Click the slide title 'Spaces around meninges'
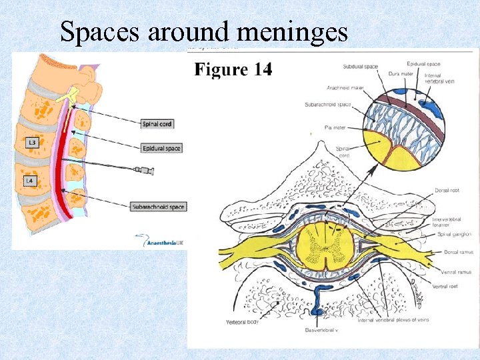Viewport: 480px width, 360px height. click(x=204, y=31)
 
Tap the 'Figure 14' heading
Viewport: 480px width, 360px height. click(x=233, y=69)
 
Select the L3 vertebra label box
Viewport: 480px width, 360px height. click(x=31, y=142)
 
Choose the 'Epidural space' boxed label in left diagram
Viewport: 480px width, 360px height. click(x=162, y=148)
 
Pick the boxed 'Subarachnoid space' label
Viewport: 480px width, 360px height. click(x=159, y=207)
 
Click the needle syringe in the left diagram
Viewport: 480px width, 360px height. click(x=143, y=171)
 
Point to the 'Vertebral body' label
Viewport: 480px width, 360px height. click(x=242, y=323)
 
